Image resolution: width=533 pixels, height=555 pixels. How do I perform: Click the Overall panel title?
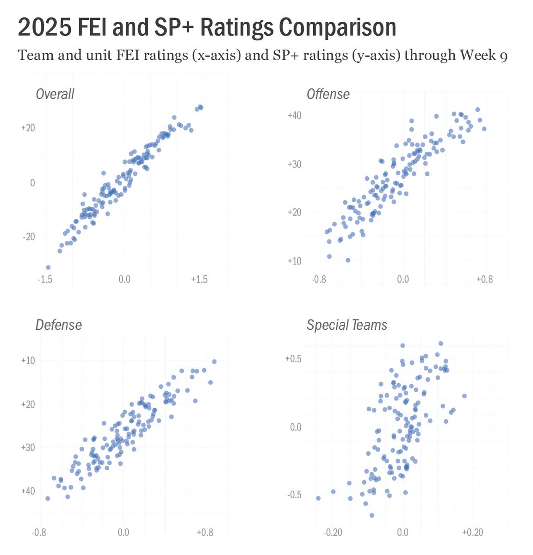click(x=55, y=94)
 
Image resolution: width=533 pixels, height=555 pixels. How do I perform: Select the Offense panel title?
click(x=328, y=94)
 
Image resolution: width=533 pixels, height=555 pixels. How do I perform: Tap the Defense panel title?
click(x=58, y=325)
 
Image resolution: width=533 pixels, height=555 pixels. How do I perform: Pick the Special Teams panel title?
click(x=347, y=325)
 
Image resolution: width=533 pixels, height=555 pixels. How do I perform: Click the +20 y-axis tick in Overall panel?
click(x=28, y=128)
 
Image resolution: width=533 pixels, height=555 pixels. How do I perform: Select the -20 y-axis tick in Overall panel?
click(x=28, y=237)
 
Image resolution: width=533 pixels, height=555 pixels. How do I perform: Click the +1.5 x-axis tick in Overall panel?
click(x=199, y=279)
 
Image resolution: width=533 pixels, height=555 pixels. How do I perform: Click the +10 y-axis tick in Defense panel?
click(x=28, y=360)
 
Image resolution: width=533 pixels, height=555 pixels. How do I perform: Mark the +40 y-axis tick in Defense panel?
click(x=28, y=491)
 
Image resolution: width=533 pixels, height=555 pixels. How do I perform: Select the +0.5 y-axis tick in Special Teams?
click(x=293, y=359)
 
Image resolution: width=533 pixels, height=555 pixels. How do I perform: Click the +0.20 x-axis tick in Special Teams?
click(x=472, y=532)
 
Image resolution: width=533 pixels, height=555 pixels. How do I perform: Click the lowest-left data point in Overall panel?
click(x=48, y=267)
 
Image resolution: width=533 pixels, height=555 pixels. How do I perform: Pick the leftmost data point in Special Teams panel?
click(x=318, y=498)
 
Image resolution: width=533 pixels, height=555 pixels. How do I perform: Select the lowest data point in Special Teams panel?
click(x=372, y=515)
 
